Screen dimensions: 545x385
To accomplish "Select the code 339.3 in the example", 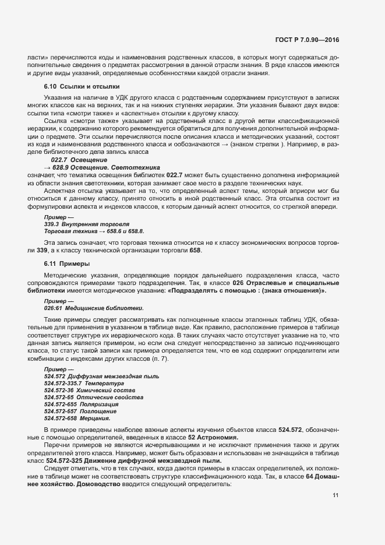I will (51, 224).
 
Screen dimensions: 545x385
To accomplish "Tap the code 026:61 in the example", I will (52, 307).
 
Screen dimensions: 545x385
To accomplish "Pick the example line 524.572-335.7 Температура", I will (84, 384).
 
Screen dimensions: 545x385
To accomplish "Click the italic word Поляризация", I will (97, 404).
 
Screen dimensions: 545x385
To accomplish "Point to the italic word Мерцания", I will (94, 418).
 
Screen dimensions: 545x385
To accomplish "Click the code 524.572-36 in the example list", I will (58, 391).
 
